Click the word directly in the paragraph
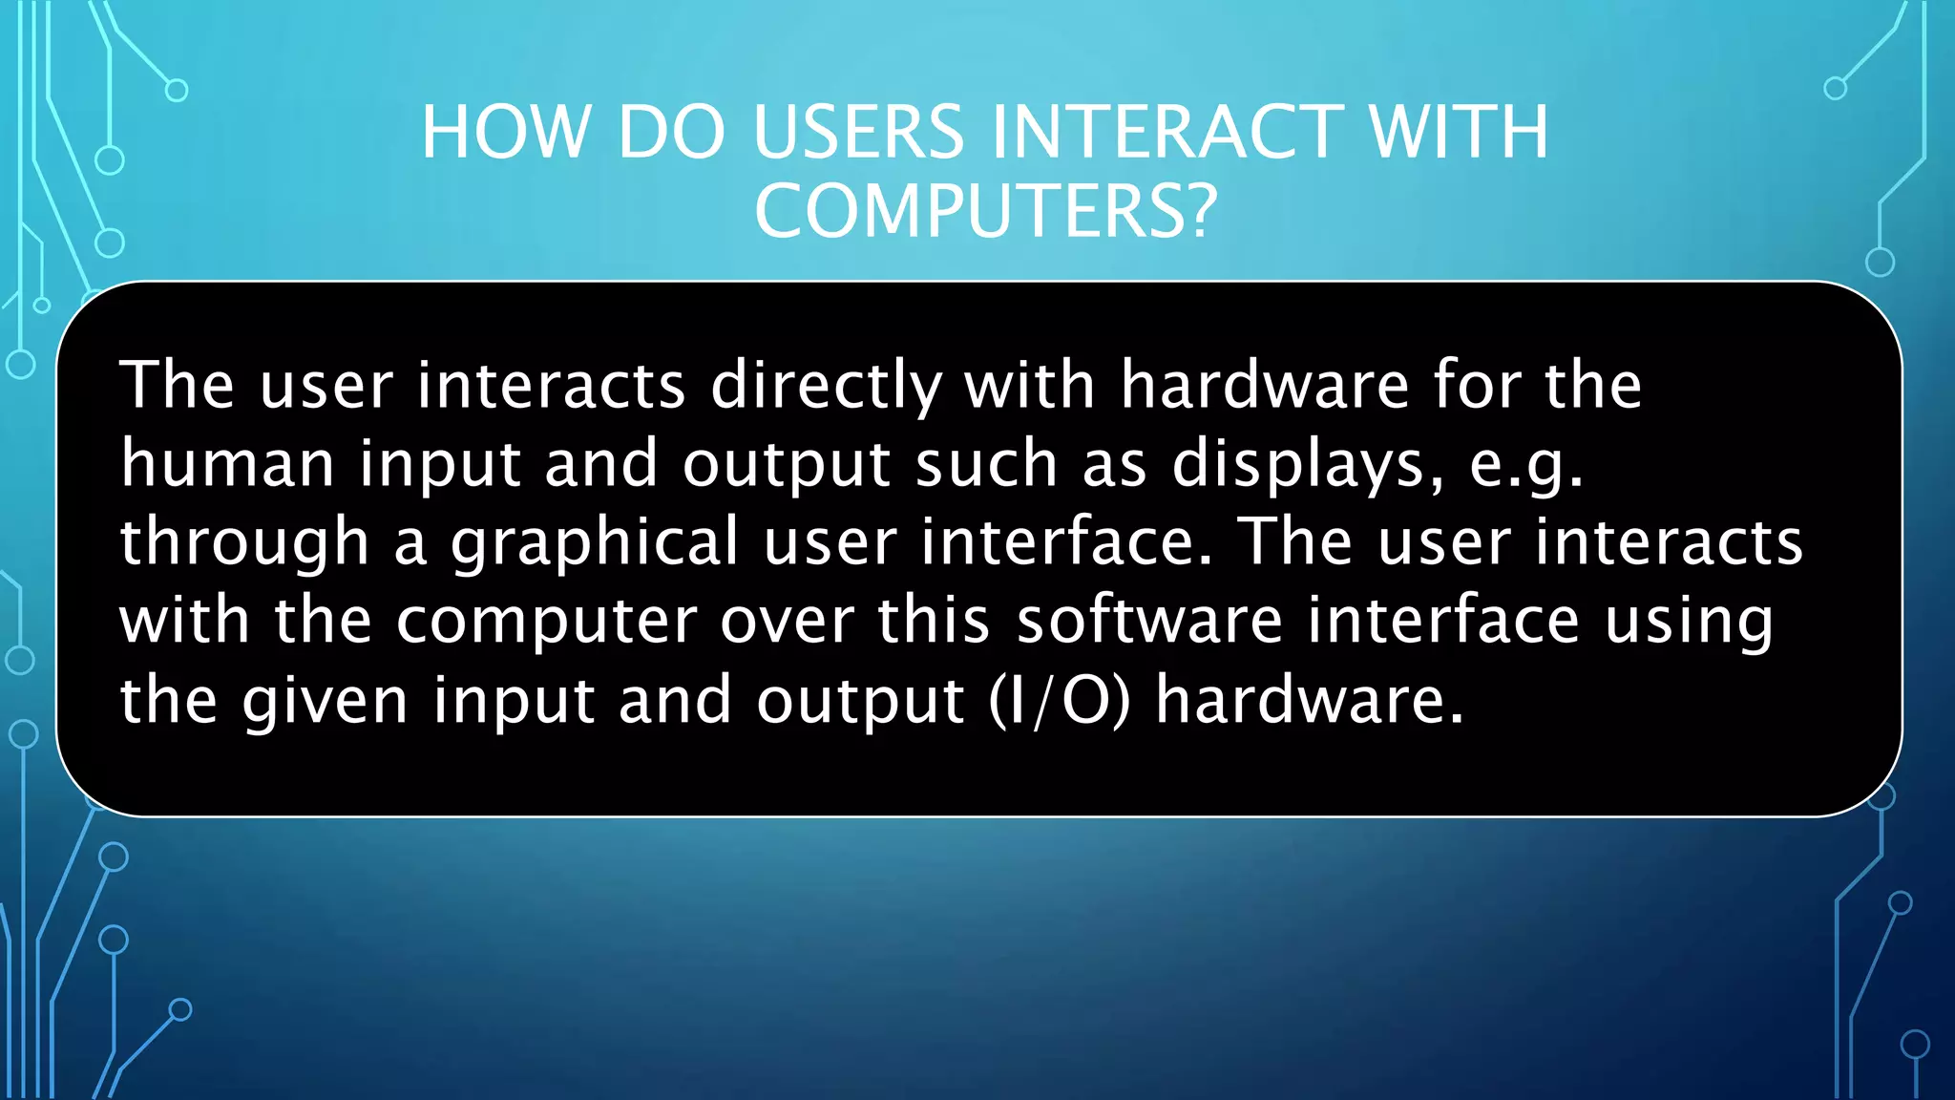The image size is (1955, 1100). pos(827,387)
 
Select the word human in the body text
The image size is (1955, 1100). pos(227,464)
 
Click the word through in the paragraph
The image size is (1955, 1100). pos(244,543)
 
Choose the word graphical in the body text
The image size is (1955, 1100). pos(595,543)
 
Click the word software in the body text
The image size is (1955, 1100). pos(1149,621)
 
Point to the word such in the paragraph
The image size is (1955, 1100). pos(986,464)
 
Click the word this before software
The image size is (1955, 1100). pos(934,621)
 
